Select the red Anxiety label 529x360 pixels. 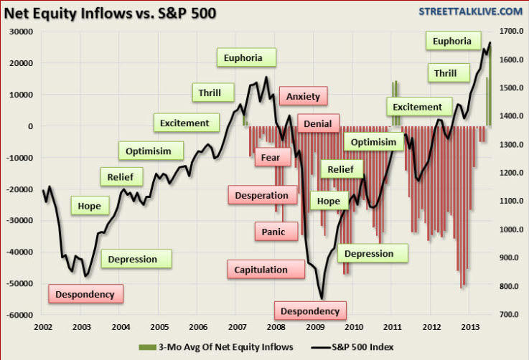[303, 96]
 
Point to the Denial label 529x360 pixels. [317, 124]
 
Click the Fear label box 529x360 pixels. [271, 156]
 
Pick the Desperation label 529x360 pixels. [261, 195]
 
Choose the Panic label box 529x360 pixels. [273, 232]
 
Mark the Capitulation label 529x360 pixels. [261, 270]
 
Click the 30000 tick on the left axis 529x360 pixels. [22, 32]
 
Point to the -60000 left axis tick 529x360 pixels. [19, 315]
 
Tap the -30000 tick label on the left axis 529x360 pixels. [19, 221]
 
